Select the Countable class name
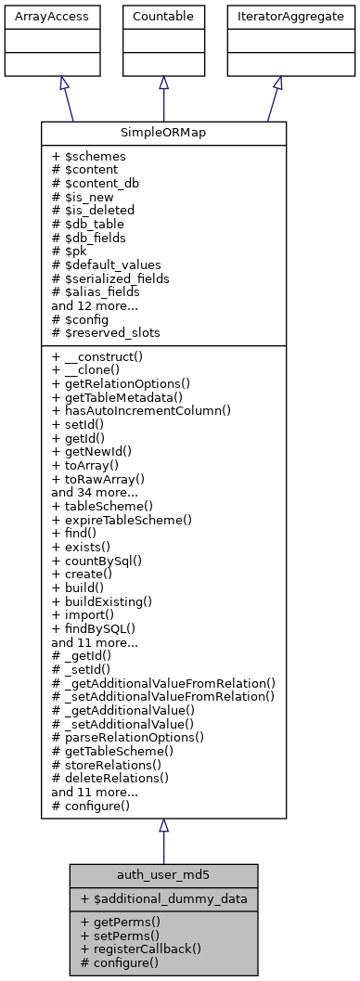point(163,16)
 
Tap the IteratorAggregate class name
point(277,16)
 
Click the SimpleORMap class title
point(163,133)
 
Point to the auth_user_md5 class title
point(163,875)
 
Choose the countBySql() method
point(107,561)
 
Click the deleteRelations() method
point(113,779)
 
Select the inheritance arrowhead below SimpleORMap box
point(163,826)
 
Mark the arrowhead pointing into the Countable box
point(163,83)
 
